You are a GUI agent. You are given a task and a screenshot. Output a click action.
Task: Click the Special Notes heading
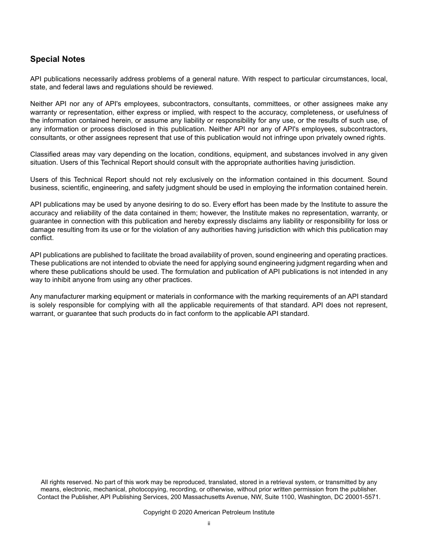tap(57, 59)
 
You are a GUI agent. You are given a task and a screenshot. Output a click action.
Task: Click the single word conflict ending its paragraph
tap(41, 238)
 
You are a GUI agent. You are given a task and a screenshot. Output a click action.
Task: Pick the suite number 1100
tap(285, 497)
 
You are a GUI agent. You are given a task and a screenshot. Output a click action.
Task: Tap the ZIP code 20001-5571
tap(363, 497)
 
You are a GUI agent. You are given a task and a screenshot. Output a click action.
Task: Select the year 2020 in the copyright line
tap(185, 513)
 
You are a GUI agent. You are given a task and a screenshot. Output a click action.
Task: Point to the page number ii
tap(209, 523)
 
